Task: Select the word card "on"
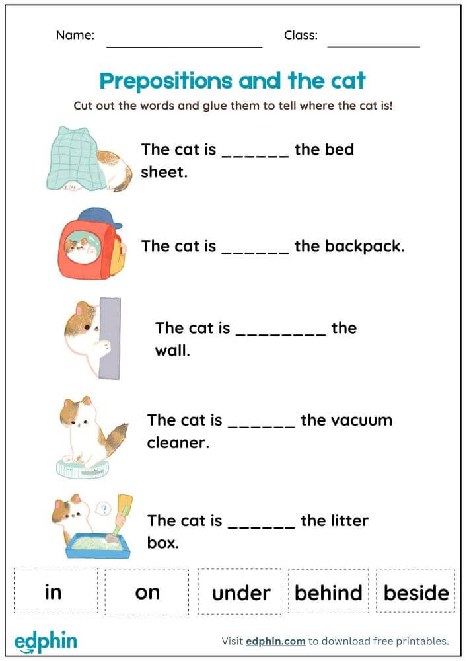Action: tap(147, 591)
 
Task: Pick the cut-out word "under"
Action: tap(240, 592)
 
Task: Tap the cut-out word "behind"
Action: tap(328, 592)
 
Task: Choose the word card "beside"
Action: tap(416, 592)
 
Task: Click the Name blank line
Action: tap(184, 46)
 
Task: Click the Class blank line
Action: tap(373, 46)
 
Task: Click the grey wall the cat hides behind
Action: tap(110, 338)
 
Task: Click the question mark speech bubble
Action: tap(102, 509)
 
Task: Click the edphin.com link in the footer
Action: tap(275, 641)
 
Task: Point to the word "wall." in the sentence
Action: tap(172, 350)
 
